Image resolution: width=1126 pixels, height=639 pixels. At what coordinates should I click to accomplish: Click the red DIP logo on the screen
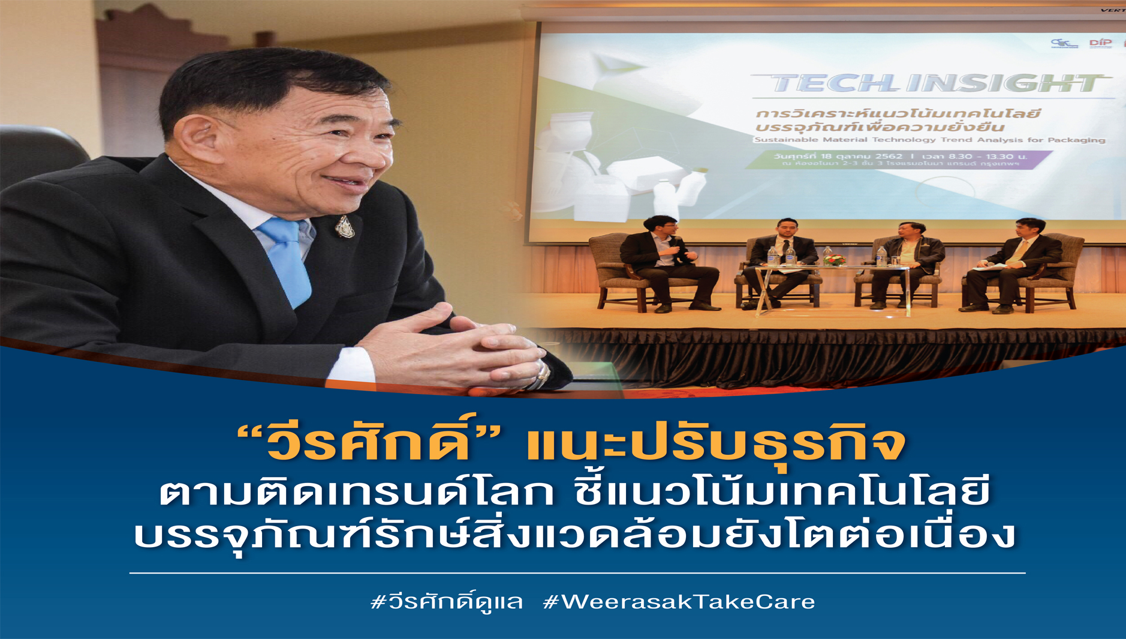[1100, 43]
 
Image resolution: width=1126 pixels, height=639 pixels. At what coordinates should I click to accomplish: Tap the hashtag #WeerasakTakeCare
[679, 601]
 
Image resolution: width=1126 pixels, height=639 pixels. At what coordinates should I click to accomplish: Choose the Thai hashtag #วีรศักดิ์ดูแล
[447, 601]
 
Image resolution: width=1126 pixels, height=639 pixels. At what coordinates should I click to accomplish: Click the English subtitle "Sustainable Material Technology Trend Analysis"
[929, 140]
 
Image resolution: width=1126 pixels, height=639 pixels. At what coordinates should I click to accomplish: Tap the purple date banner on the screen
[899, 160]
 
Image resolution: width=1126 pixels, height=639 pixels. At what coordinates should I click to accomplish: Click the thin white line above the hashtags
[577, 573]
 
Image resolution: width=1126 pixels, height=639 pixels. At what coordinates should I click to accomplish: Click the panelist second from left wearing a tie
[782, 258]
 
